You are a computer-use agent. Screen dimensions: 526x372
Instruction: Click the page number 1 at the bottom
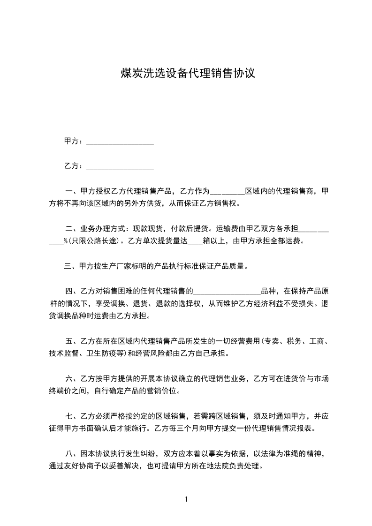click(x=186, y=499)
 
